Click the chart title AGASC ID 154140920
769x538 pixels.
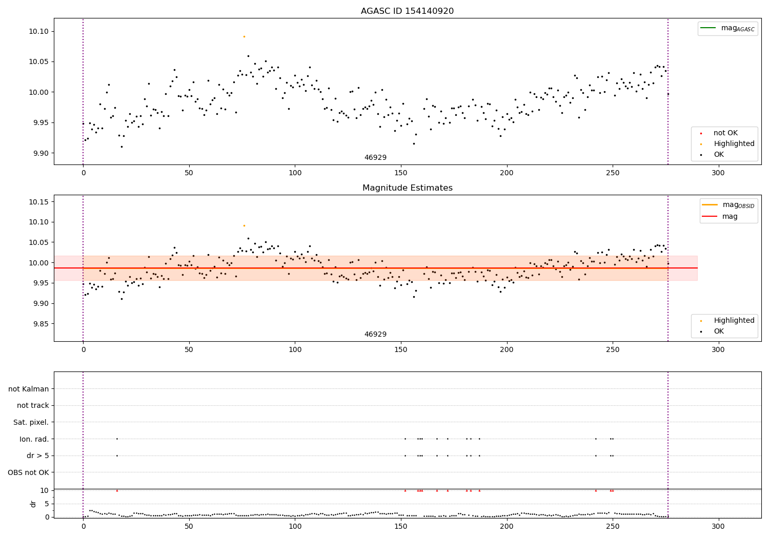tap(407, 11)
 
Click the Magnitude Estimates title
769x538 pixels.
tap(407, 188)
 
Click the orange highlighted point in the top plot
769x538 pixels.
tap(244, 36)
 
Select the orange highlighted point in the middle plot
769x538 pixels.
tap(244, 225)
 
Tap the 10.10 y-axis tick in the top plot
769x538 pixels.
tap(38, 31)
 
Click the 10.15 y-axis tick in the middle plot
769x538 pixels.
tap(38, 202)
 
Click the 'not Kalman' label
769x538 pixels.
tap(29, 389)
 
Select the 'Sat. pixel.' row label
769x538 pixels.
tap(31, 423)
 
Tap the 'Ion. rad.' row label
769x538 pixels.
tap(34, 439)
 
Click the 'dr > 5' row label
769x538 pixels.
tap(38, 456)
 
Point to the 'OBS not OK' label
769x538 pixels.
tap(28, 472)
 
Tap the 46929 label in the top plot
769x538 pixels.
tap(375, 158)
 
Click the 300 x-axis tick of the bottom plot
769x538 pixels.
tap(718, 526)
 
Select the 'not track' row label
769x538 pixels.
tap(33, 406)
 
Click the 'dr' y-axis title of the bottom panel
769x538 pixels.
tap(33, 504)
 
